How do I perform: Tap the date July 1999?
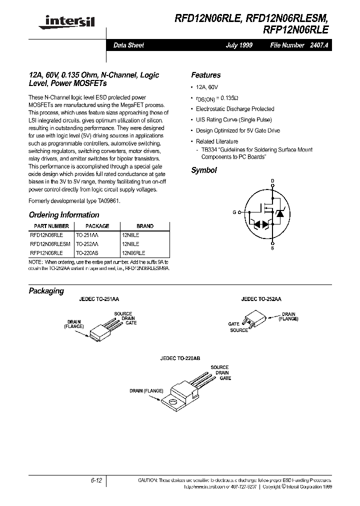(x=239, y=45)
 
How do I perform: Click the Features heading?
(x=205, y=75)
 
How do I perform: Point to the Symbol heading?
(x=203, y=170)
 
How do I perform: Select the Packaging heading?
(x=46, y=291)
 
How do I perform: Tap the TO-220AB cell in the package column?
(x=88, y=253)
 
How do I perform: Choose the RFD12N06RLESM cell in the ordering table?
(x=50, y=244)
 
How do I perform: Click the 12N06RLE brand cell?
(x=133, y=253)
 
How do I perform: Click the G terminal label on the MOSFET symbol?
(x=234, y=212)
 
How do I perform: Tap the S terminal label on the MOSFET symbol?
(x=272, y=247)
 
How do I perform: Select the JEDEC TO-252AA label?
(x=261, y=298)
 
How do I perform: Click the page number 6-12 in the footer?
(x=96, y=480)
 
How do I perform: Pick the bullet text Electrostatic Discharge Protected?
(x=234, y=108)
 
